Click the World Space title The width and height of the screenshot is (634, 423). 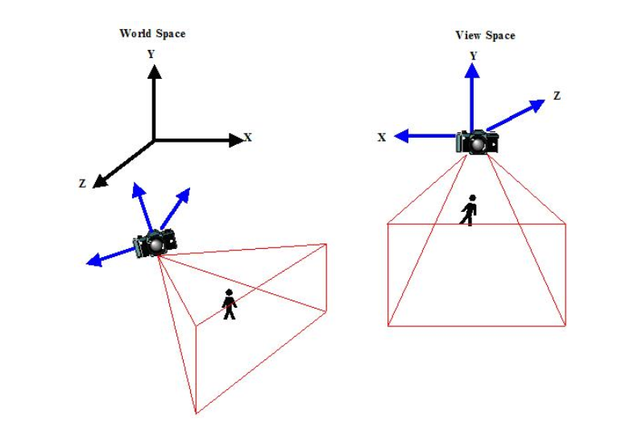[152, 34]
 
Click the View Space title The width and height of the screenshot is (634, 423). [485, 35]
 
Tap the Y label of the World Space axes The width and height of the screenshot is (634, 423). [151, 55]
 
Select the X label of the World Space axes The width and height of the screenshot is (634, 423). [248, 138]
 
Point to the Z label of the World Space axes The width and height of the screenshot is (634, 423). [82, 184]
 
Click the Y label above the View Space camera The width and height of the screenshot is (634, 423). [473, 56]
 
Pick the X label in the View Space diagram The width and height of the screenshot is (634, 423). [381, 137]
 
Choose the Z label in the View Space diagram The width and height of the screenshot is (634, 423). [557, 96]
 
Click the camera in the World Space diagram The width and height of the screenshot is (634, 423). [156, 242]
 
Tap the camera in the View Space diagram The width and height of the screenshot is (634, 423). [478, 142]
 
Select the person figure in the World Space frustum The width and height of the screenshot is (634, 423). [230, 304]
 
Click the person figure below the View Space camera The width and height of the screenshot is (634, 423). [469, 209]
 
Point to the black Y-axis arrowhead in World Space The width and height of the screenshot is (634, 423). [154, 71]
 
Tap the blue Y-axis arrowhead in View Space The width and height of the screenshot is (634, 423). [472, 70]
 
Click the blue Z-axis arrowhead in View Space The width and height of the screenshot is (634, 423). [538, 106]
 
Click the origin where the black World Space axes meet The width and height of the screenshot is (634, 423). [154, 140]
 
